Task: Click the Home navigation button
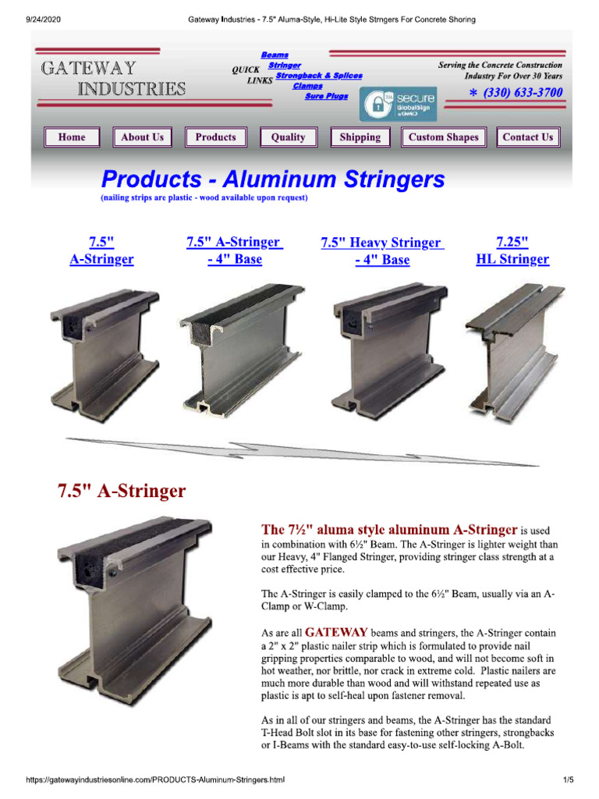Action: [x=72, y=137]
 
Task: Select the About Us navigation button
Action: [x=142, y=137]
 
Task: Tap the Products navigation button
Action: [x=215, y=137]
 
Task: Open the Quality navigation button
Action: [x=288, y=137]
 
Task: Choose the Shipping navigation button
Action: [x=360, y=137]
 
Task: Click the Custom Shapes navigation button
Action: [x=443, y=137]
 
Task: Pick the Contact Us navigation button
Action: [x=527, y=137]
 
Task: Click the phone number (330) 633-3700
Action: [x=516, y=93]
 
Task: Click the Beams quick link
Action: [x=275, y=55]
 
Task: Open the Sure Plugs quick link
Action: [x=326, y=96]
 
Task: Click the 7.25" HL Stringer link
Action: [x=512, y=250]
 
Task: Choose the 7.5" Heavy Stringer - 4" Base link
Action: [x=381, y=251]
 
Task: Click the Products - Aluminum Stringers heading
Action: [x=273, y=180]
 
